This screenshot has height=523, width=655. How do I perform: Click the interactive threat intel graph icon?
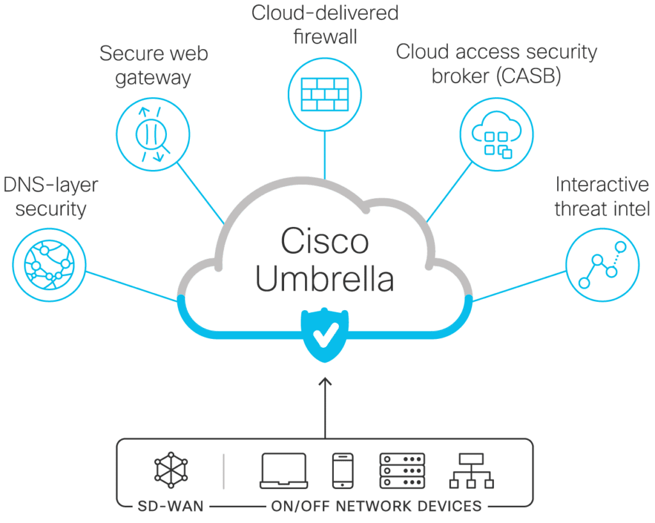601,263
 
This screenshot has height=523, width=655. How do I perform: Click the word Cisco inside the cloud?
326,241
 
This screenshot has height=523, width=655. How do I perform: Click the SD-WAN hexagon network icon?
171,471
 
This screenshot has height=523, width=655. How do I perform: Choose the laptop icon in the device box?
283,471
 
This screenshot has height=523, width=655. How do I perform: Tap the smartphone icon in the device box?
342,471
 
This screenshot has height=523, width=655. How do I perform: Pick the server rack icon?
402,471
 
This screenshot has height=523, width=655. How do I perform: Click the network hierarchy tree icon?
472,471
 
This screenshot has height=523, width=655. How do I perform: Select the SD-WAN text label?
170,507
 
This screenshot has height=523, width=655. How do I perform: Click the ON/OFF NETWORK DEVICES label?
376,507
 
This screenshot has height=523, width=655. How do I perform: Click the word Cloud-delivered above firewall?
325,12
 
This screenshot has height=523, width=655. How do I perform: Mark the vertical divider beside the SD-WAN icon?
224,471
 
